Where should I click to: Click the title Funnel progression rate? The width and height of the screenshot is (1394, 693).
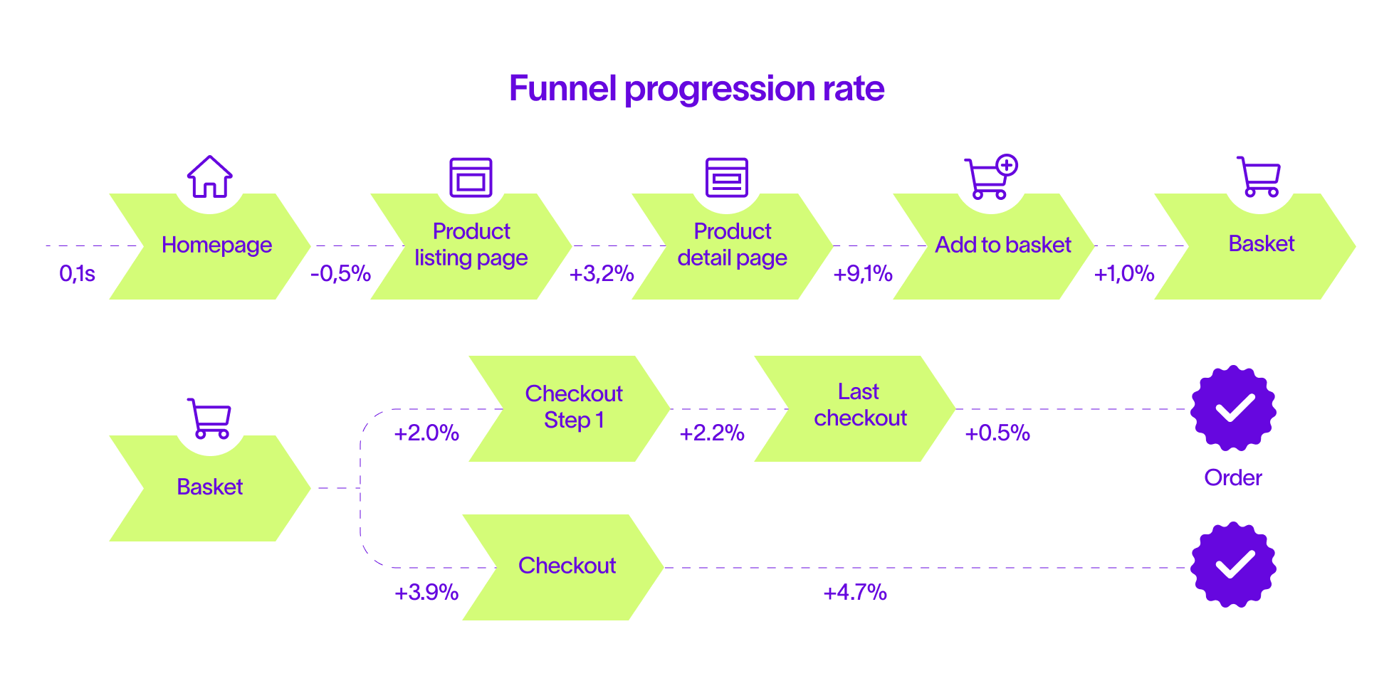[696, 90]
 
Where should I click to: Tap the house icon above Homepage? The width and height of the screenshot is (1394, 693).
[209, 176]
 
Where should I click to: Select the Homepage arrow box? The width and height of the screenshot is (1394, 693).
[210, 246]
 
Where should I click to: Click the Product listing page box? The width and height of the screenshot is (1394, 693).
[471, 246]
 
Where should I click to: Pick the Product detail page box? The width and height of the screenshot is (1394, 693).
[733, 246]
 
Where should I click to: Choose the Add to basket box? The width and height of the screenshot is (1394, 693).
[994, 246]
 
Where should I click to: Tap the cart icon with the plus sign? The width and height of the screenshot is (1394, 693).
[991, 176]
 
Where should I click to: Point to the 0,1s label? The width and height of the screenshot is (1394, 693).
[77, 273]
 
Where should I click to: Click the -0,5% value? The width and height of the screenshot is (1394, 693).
[340, 273]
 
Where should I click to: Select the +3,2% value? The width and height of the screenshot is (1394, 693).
[602, 273]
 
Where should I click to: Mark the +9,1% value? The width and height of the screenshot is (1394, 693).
[863, 273]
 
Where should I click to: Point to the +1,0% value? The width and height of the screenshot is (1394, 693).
[1124, 273]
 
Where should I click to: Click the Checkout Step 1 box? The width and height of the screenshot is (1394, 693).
[570, 408]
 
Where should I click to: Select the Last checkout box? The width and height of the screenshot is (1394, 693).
[855, 408]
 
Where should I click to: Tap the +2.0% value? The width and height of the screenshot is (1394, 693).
[426, 433]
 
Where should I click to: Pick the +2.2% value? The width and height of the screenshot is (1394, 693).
[712, 433]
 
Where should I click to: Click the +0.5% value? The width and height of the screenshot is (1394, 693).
[997, 433]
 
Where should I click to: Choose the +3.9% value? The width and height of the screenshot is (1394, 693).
[426, 592]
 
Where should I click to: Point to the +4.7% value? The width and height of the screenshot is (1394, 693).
[855, 592]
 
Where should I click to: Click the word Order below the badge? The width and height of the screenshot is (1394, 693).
[1233, 477]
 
